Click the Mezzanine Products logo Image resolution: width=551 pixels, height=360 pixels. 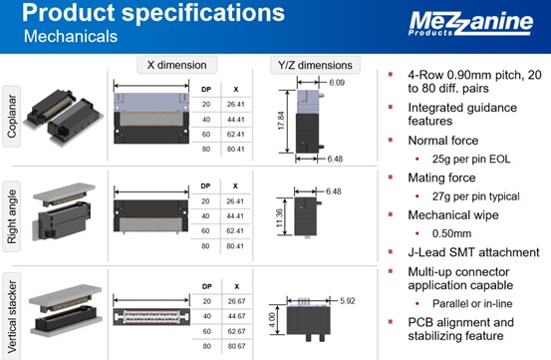click(470, 23)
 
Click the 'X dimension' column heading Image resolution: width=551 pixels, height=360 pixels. click(176, 65)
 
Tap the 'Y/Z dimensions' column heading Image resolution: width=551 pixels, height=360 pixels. click(315, 65)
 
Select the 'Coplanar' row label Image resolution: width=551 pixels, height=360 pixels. click(12, 116)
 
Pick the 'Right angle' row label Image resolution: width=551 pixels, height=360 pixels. click(12, 216)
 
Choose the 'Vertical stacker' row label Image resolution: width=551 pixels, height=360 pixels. click(12, 316)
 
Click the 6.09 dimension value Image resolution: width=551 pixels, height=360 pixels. click(337, 83)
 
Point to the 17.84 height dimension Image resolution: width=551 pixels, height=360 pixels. click(281, 121)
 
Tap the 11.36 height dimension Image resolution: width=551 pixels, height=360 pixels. click(279, 218)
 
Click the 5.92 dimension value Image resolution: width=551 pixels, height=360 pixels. click(347, 301)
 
